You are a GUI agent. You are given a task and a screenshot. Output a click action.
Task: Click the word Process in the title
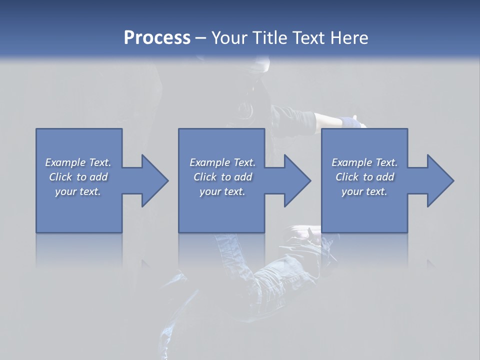tap(157, 38)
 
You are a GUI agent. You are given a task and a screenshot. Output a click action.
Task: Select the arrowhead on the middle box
tap(296, 180)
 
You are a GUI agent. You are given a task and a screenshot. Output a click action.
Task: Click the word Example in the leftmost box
tap(65, 162)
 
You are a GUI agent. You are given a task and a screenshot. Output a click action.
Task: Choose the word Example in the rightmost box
tap(351, 162)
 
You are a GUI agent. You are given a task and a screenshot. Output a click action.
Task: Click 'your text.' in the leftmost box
tap(78, 191)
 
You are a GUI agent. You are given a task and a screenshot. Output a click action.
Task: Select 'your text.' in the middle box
tap(222, 191)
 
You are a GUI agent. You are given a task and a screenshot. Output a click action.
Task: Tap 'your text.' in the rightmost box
tap(364, 191)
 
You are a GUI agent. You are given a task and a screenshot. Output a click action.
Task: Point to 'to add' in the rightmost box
tap(379, 177)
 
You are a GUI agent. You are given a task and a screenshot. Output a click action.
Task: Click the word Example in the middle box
tap(209, 162)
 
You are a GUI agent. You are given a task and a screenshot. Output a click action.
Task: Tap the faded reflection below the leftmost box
tap(79, 250)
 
